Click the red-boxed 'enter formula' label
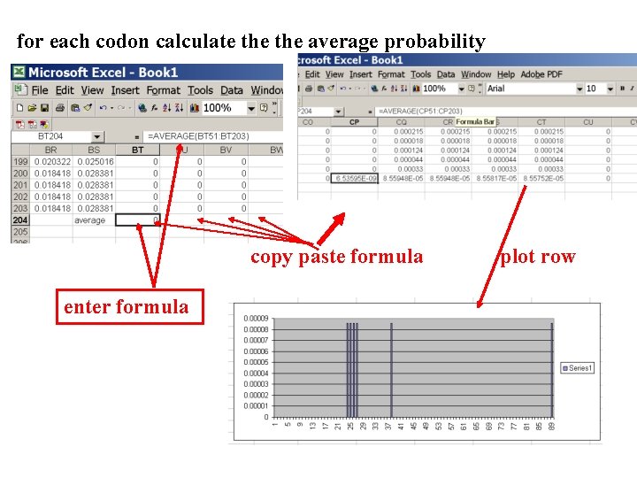pos(127,307)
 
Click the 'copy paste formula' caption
pos(336,257)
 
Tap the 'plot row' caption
pos(538,257)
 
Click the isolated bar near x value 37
pos(391,369)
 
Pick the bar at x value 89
pos(551,369)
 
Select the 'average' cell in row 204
pos(89,220)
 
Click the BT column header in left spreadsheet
pos(137,150)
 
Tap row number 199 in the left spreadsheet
pos(19,162)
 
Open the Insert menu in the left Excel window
pos(125,90)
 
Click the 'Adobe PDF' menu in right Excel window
pos(541,75)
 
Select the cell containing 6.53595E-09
pos(354,178)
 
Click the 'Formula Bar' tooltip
pos(474,121)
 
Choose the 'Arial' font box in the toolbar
pos(532,89)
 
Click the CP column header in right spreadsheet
pos(355,122)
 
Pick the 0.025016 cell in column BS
pos(95,162)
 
